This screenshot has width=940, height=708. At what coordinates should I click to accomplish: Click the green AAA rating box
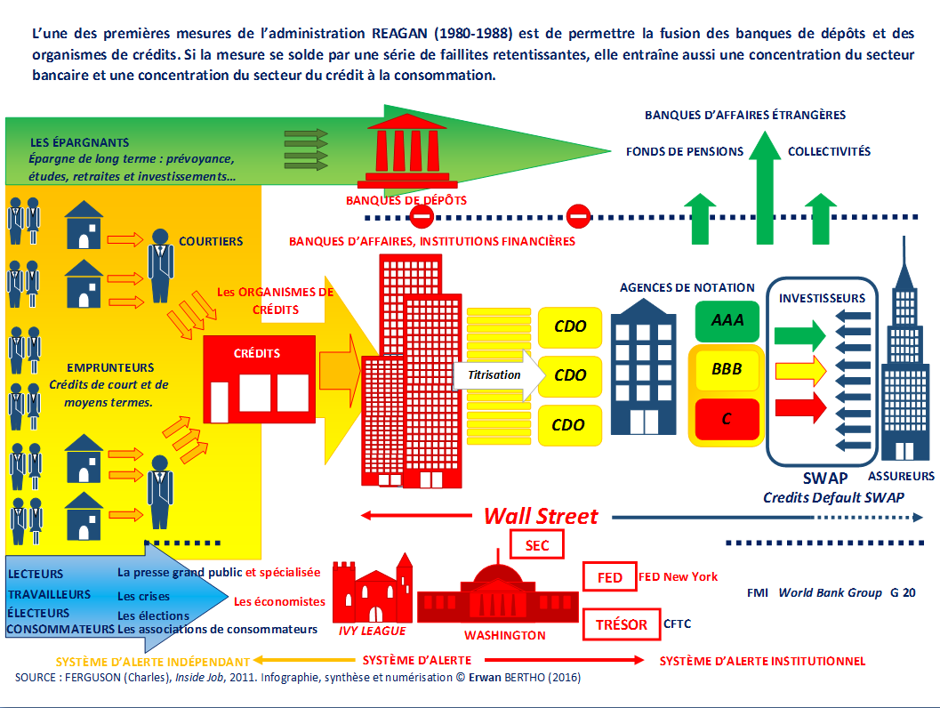tap(727, 321)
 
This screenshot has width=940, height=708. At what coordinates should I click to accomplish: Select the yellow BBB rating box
tap(727, 369)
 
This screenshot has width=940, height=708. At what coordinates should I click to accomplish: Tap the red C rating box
tap(727, 418)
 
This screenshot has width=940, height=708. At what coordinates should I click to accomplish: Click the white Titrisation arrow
tap(499, 375)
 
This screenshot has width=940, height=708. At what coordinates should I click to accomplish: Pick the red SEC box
tap(536, 545)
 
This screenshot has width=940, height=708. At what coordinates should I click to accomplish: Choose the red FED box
tap(610, 576)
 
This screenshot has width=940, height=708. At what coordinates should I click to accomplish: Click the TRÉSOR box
tap(621, 624)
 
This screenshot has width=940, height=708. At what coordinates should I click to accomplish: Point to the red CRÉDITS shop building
tap(259, 380)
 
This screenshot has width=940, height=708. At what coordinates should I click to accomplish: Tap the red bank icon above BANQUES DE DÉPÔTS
tap(407, 150)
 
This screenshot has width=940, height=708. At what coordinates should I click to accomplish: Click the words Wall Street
tap(541, 516)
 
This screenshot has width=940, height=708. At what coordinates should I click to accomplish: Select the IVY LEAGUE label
tap(373, 631)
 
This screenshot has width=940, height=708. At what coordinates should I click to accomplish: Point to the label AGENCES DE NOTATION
tap(687, 288)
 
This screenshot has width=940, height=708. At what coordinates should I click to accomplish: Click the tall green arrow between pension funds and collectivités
tap(764, 188)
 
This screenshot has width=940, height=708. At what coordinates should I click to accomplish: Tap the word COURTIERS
tap(211, 242)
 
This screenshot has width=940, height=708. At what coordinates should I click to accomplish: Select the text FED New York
tap(678, 576)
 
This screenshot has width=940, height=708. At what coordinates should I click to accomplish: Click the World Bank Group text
tap(831, 593)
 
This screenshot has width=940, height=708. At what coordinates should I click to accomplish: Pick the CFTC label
tap(678, 624)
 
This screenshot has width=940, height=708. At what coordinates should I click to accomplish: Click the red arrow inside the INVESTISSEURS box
tap(801, 407)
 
